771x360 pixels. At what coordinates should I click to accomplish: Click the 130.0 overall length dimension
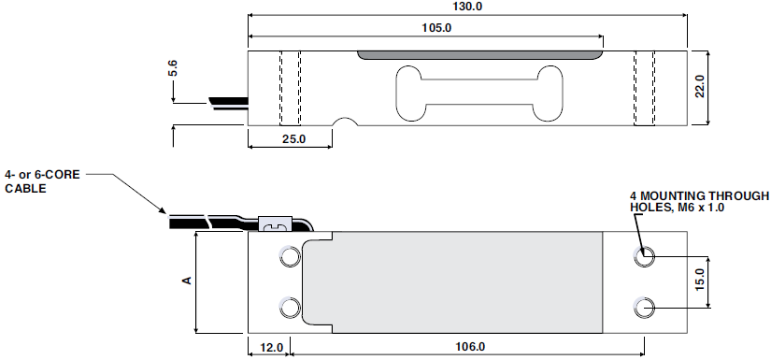pyautogui.click(x=467, y=7)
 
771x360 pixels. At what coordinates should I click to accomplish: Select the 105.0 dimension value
pyautogui.click(x=436, y=27)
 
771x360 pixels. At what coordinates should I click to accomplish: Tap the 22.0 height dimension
pyautogui.click(x=700, y=87)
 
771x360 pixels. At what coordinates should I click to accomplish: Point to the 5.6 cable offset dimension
pyautogui.click(x=173, y=68)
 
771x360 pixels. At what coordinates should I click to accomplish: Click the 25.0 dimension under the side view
pyautogui.click(x=294, y=139)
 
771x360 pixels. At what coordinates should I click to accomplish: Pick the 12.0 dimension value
pyautogui.click(x=272, y=347)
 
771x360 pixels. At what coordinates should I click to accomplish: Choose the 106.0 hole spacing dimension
pyautogui.click(x=469, y=347)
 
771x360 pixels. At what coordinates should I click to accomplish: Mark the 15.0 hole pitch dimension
pyautogui.click(x=700, y=281)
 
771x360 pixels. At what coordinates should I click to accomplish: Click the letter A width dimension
pyautogui.click(x=187, y=281)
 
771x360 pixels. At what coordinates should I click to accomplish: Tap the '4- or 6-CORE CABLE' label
pyautogui.click(x=42, y=181)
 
